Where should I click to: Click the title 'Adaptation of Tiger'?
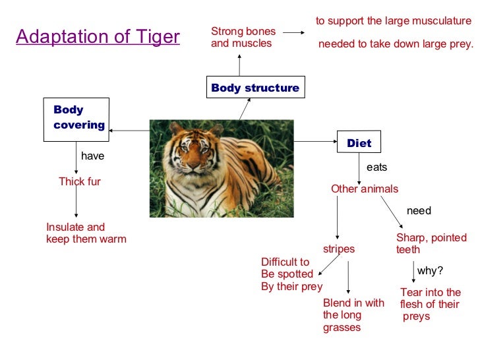98,36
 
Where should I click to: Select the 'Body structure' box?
255,88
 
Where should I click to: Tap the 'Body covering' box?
75,119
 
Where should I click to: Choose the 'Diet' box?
359,142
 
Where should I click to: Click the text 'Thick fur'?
80,181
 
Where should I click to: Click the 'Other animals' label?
365,189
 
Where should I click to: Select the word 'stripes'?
339,249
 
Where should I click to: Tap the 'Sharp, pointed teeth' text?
431,243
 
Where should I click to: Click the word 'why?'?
430,270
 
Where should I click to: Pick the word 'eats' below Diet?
376,167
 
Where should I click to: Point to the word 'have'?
92,157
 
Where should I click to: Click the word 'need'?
419,211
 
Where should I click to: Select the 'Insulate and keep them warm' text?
86,233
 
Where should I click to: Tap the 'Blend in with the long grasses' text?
353,315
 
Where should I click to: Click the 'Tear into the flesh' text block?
430,304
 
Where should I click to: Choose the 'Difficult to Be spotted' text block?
291,274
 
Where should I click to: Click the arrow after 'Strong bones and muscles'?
293,32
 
